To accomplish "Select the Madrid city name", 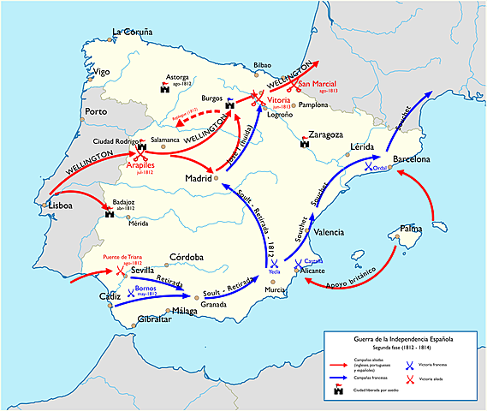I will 198,177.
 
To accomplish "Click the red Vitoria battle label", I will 281,100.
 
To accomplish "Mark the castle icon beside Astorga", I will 164,86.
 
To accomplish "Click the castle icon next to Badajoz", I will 110,213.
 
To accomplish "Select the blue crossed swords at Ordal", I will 368,167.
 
